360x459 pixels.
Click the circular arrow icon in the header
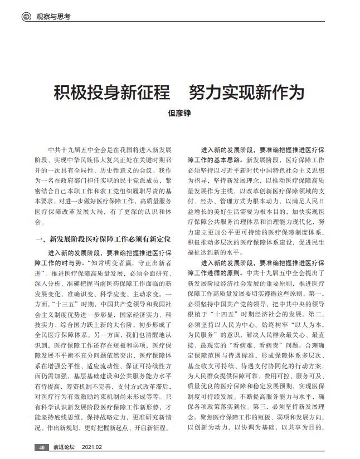[26, 17]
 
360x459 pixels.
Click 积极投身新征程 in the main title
[105, 92]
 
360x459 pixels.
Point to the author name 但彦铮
[179, 113]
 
